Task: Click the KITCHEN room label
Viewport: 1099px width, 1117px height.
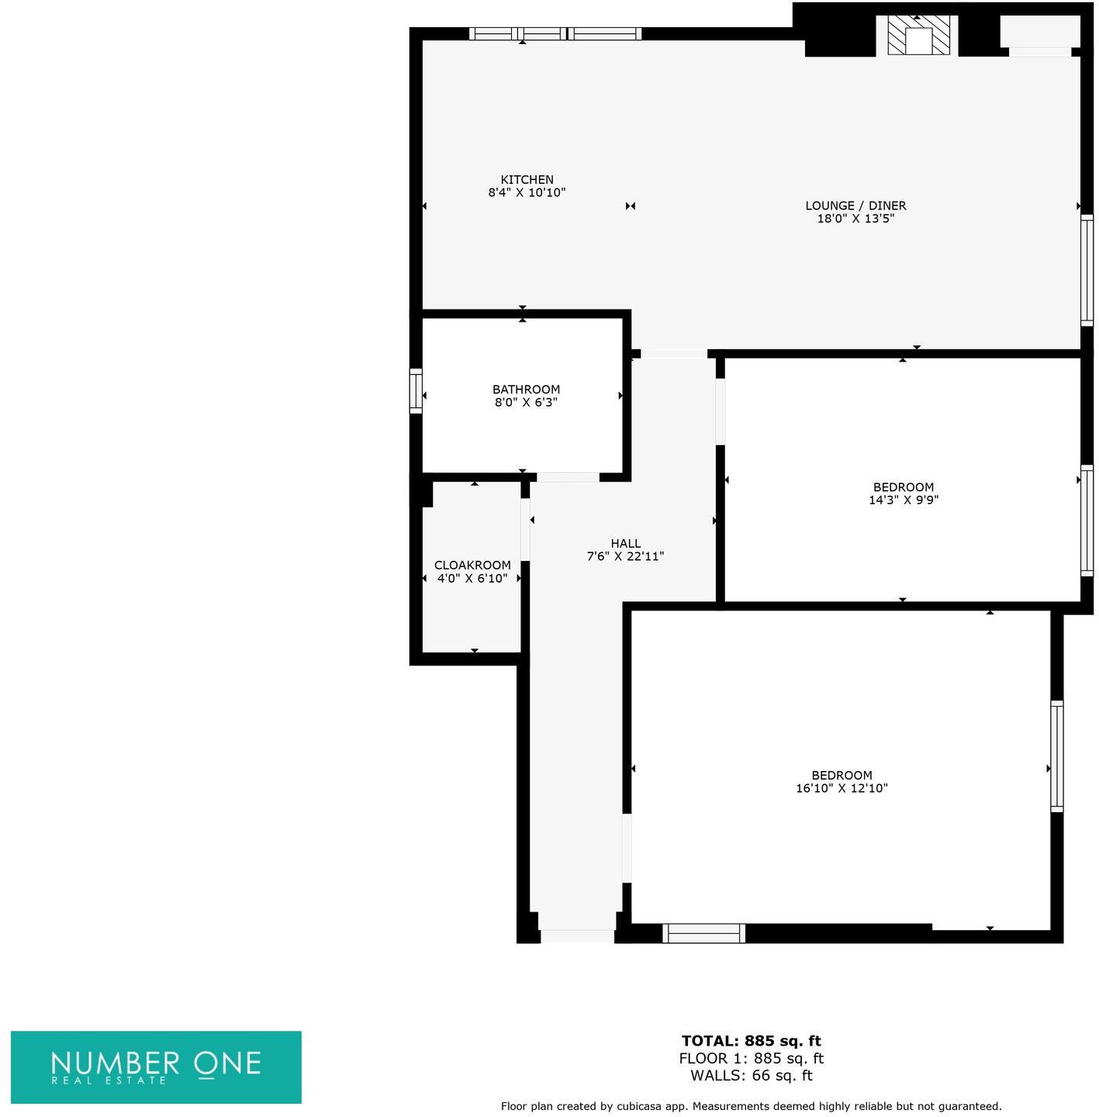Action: tap(527, 180)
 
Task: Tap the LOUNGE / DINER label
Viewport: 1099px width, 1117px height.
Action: tap(855, 206)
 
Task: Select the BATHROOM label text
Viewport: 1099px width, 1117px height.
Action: tap(526, 389)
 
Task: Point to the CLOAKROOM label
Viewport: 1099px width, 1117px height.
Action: tap(472, 565)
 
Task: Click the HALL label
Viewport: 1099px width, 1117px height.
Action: tap(625, 544)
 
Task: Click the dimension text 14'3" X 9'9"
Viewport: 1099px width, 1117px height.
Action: tap(904, 500)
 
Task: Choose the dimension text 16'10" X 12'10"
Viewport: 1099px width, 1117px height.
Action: tap(842, 788)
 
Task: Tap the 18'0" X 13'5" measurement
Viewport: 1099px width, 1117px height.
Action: tap(855, 219)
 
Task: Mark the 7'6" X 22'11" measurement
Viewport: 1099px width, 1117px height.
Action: tap(625, 556)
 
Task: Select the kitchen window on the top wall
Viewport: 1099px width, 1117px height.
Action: tap(555, 33)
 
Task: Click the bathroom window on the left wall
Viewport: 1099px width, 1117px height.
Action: tap(416, 390)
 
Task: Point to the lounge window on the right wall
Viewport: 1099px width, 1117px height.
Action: tap(1087, 270)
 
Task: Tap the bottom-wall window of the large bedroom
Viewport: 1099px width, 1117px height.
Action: tap(703, 933)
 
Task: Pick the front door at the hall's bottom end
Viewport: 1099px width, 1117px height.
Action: tap(577, 936)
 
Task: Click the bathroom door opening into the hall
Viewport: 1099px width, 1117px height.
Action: tap(568, 477)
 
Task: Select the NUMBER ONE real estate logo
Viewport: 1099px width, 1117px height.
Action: tap(156, 1067)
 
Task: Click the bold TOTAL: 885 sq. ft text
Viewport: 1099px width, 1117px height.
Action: tap(751, 1041)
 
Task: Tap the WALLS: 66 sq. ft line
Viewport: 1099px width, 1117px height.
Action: tap(751, 1075)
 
